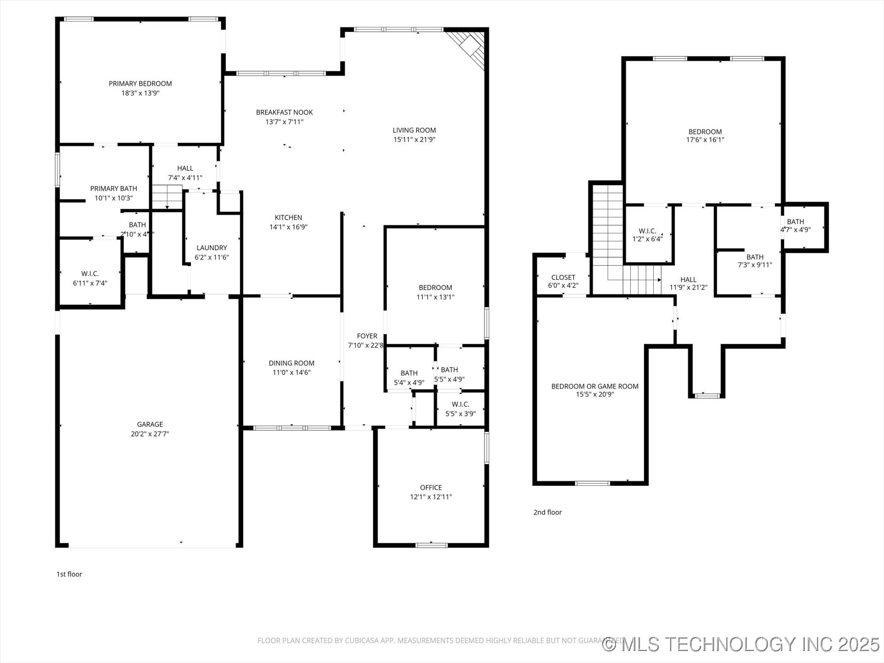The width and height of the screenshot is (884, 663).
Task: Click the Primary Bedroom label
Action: click(x=140, y=83)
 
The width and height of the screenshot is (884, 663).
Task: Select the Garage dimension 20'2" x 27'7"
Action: click(x=150, y=434)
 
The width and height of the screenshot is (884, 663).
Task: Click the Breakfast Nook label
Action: click(x=284, y=112)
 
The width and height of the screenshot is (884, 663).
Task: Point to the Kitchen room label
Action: click(x=288, y=217)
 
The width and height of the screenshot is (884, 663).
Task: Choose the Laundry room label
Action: click(x=212, y=248)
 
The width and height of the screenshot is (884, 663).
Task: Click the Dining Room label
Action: click(x=291, y=363)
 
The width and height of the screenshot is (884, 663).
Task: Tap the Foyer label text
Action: click(x=367, y=336)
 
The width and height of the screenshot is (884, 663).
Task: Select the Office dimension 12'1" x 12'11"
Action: click(x=431, y=497)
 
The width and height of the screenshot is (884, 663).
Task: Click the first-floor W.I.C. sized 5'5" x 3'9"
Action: click(x=460, y=409)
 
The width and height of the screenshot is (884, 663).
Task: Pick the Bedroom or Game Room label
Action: click(x=595, y=386)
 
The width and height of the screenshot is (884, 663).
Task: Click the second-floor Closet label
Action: click(x=563, y=277)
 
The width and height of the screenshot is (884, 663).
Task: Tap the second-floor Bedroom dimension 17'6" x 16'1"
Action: click(x=705, y=140)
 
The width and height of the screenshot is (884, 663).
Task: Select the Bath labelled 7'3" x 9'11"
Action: click(x=755, y=261)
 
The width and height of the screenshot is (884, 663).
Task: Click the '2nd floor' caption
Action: click(x=547, y=512)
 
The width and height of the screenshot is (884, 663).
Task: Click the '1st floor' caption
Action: click(x=69, y=574)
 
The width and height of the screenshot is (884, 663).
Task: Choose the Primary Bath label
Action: click(x=113, y=188)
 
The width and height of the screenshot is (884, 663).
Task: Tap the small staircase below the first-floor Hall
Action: click(x=167, y=197)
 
